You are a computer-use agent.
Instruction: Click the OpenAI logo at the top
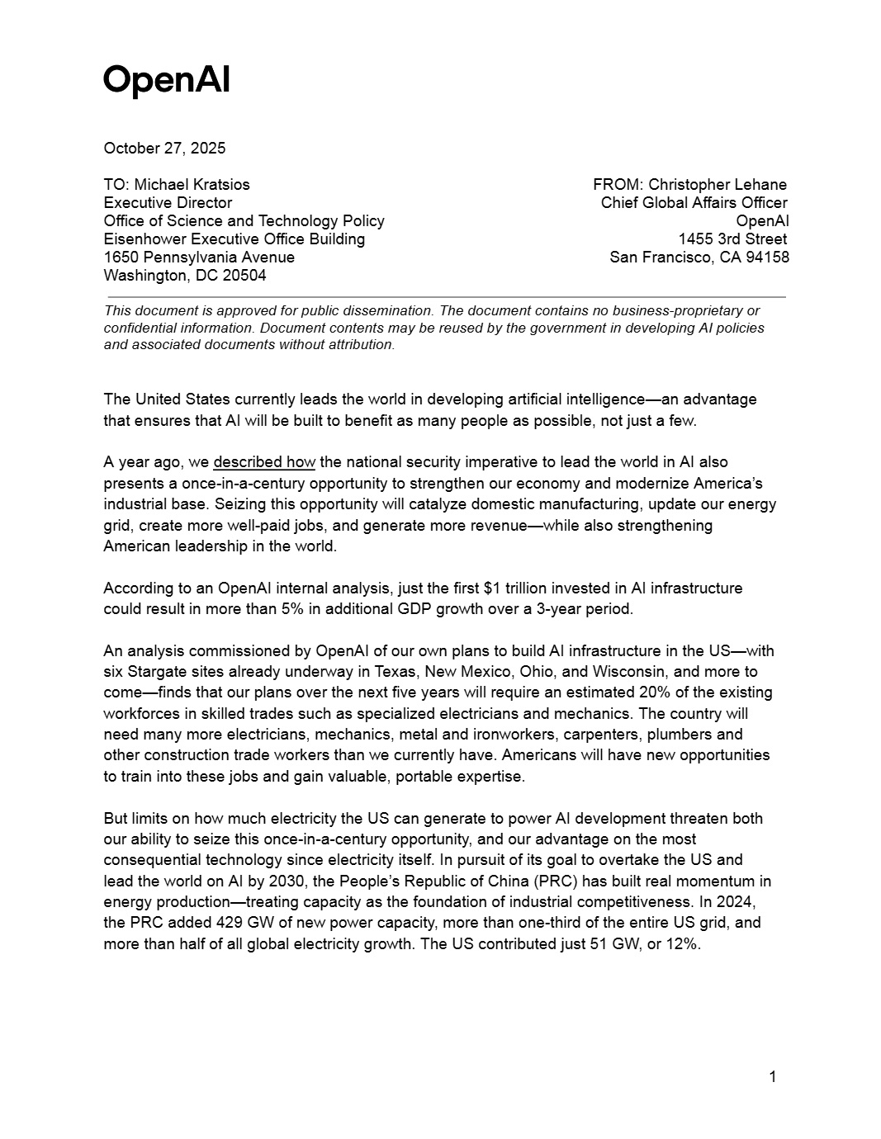click(166, 80)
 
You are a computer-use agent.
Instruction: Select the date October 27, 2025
click(164, 149)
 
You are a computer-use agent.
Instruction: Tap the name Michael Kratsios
click(192, 185)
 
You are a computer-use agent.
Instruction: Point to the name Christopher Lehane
click(718, 185)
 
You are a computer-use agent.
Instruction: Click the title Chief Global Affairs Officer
click(694, 203)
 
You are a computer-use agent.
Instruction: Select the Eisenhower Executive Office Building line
click(234, 239)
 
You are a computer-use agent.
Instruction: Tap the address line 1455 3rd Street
click(732, 239)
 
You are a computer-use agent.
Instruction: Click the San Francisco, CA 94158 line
click(699, 258)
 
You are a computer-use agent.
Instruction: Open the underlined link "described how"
click(264, 462)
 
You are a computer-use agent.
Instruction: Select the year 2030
click(286, 881)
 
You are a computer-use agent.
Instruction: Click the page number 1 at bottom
click(772, 1076)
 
